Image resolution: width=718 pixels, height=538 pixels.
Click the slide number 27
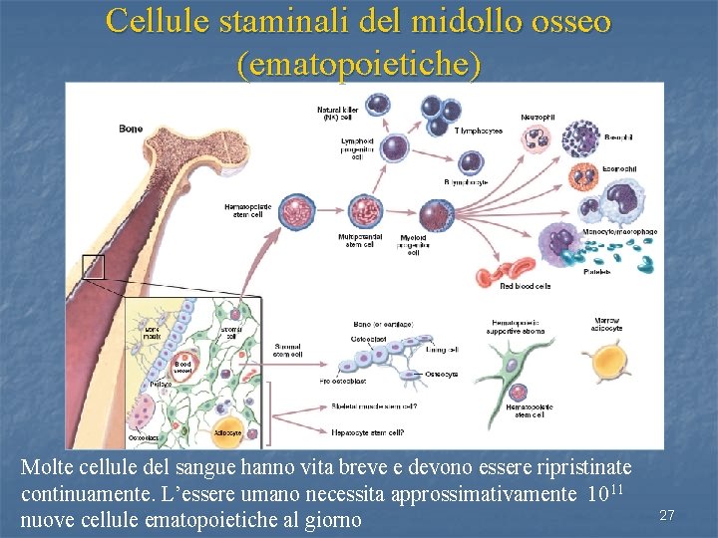coord(667,515)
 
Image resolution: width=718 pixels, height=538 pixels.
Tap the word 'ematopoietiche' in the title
coord(359,65)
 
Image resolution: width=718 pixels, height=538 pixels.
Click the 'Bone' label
coord(131,129)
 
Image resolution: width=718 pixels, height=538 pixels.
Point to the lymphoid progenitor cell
coord(395,148)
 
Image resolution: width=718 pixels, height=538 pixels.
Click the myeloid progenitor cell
coord(435,215)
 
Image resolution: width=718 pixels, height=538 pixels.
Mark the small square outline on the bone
coord(93,267)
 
